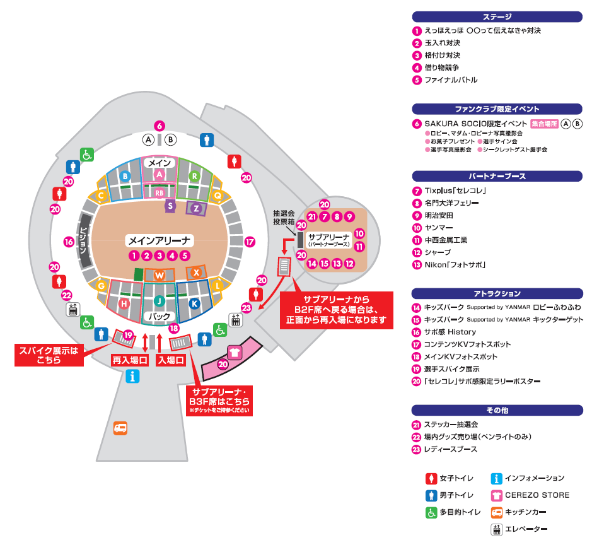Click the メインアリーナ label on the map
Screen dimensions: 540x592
point(160,240)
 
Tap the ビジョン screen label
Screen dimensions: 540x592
point(82,241)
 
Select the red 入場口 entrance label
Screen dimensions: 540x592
point(171,360)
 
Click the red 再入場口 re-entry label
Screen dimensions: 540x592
point(131,360)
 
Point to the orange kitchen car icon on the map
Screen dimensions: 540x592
point(120,428)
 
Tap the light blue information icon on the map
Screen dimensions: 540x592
point(132,377)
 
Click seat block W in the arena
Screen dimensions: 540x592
point(160,275)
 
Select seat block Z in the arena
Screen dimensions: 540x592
point(197,208)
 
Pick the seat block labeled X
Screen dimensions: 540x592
point(197,272)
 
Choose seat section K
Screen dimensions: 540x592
point(194,303)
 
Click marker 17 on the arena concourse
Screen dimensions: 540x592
point(250,241)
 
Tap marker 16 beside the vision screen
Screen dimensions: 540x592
point(69,241)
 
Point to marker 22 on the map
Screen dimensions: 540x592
point(67,295)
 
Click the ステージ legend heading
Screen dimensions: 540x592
point(497,17)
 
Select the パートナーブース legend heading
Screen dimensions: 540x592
point(497,176)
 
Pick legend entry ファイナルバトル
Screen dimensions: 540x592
point(451,80)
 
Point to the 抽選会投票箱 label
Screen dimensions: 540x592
point(284,218)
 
